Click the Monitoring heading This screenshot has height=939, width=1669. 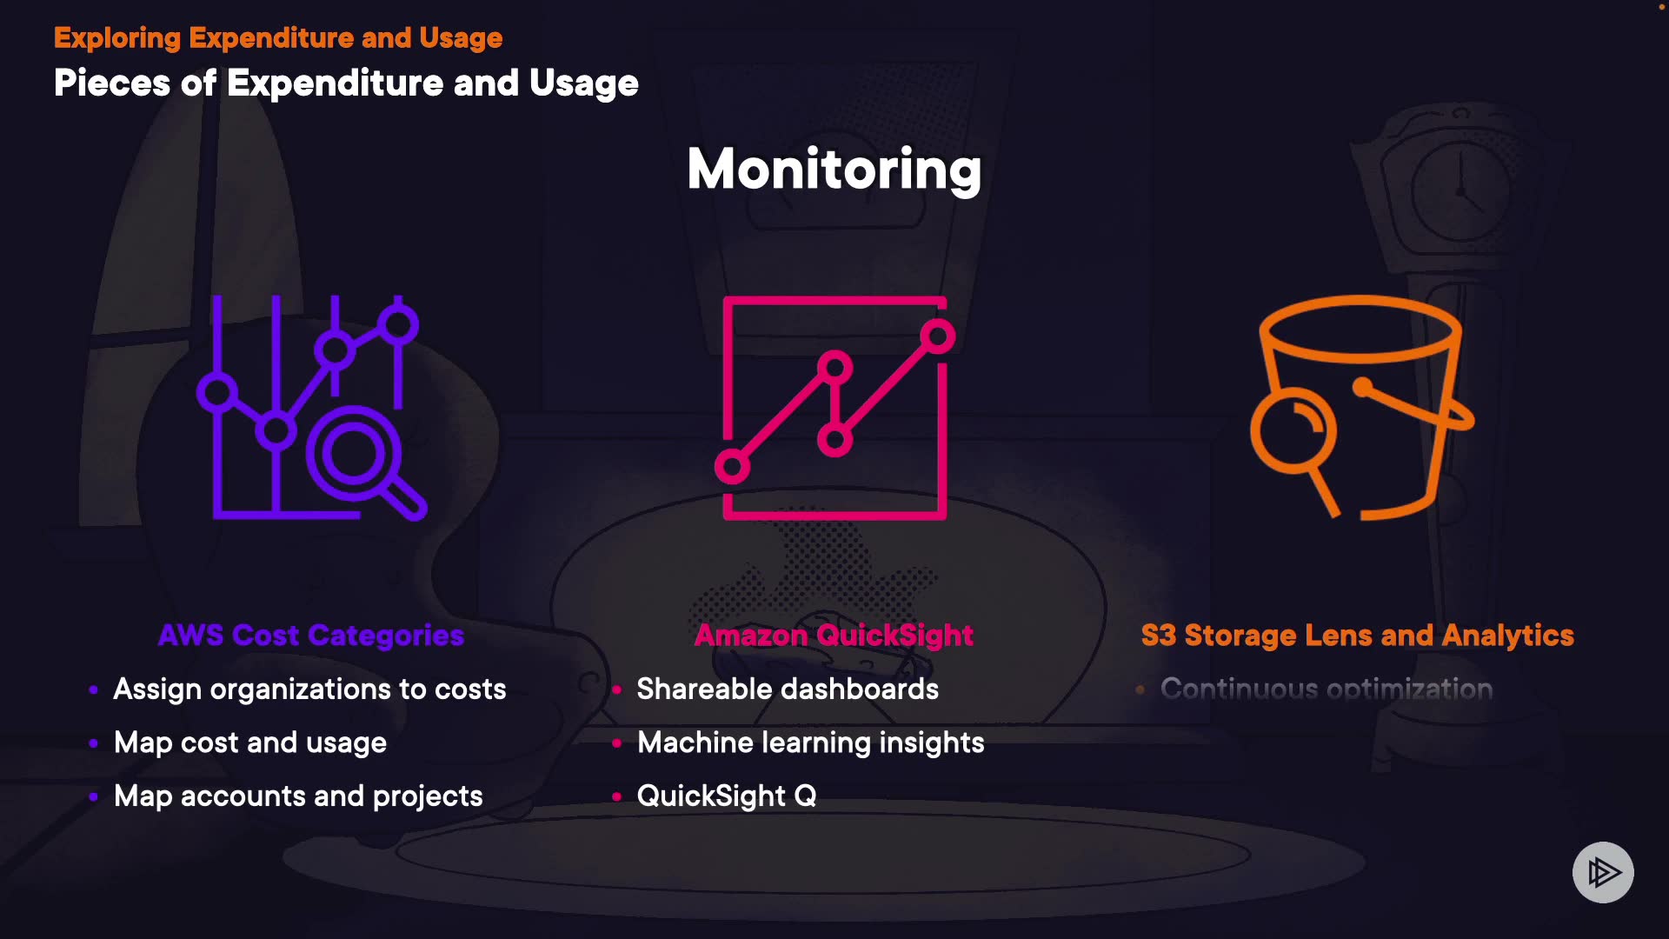(834, 169)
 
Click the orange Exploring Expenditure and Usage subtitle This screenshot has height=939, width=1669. (278, 38)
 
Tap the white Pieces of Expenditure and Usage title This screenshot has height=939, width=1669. (346, 83)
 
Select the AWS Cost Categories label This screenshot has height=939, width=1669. (311, 636)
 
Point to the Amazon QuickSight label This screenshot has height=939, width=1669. (834, 636)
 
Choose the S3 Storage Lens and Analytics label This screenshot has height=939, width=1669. (1357, 636)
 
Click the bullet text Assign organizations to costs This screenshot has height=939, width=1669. (309, 689)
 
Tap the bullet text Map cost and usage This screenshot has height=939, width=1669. (250, 743)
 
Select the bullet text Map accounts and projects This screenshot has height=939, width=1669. (298, 796)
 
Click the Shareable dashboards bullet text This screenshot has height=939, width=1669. (788, 689)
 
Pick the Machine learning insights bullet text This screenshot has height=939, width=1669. (810, 743)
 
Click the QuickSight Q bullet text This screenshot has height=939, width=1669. (727, 796)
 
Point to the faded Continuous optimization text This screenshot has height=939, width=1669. (1327, 689)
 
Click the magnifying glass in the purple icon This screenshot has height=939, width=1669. (355, 455)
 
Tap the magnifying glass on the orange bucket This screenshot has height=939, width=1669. (1293, 432)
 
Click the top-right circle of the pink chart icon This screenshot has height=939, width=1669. (938, 336)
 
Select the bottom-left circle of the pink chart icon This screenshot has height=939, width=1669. (732, 467)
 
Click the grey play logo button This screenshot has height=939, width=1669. (1603, 872)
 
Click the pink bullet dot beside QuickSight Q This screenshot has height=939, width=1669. (616, 796)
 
